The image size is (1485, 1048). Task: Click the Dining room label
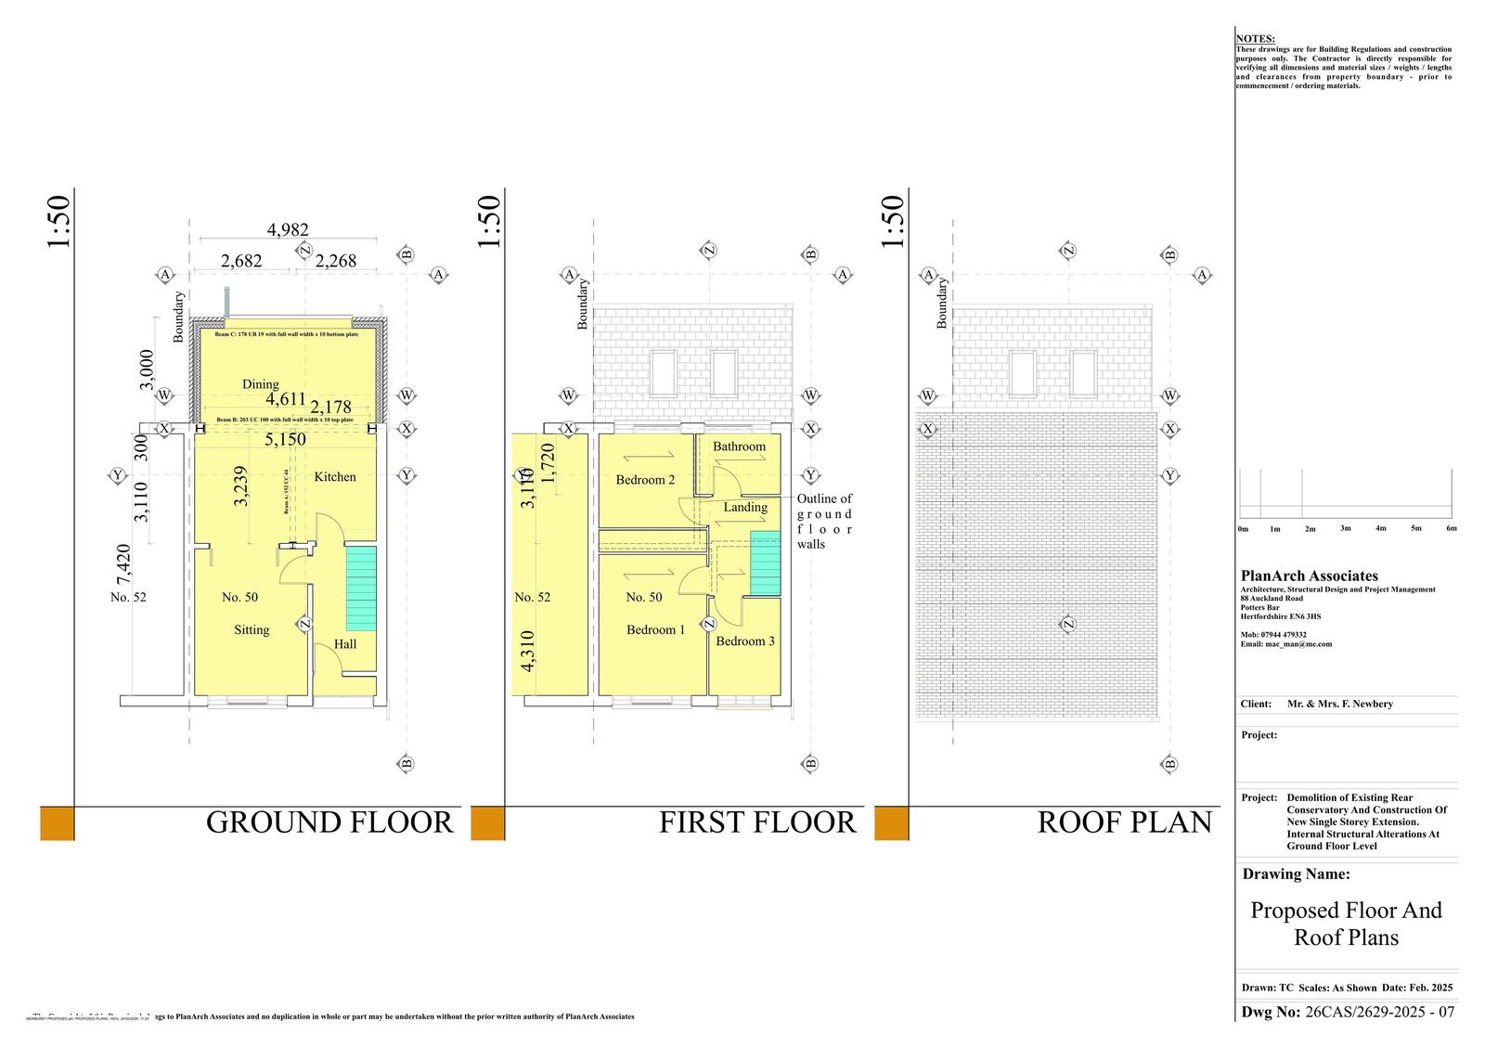(260, 384)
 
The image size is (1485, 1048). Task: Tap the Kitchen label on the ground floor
(335, 476)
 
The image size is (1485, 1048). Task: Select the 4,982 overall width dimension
(288, 230)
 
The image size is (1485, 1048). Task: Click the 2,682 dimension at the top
(241, 261)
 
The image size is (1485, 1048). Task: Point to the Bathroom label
(739, 446)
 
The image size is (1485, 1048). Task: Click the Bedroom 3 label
(744, 641)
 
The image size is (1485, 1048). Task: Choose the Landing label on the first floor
(745, 507)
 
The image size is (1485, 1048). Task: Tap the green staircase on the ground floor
(361, 589)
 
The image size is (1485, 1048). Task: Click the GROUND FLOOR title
(329, 822)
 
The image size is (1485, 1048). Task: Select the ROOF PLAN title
(1124, 822)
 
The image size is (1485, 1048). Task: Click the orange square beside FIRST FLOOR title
(487, 823)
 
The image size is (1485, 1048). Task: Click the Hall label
(344, 643)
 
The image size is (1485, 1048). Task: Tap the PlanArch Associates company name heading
(1309, 576)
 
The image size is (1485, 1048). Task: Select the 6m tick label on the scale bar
(1451, 528)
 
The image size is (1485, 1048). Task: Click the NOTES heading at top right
(1255, 39)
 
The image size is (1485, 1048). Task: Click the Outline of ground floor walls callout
(824, 521)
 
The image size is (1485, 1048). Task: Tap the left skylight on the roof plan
(1022, 373)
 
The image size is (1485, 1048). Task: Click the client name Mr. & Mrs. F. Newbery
(1339, 704)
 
